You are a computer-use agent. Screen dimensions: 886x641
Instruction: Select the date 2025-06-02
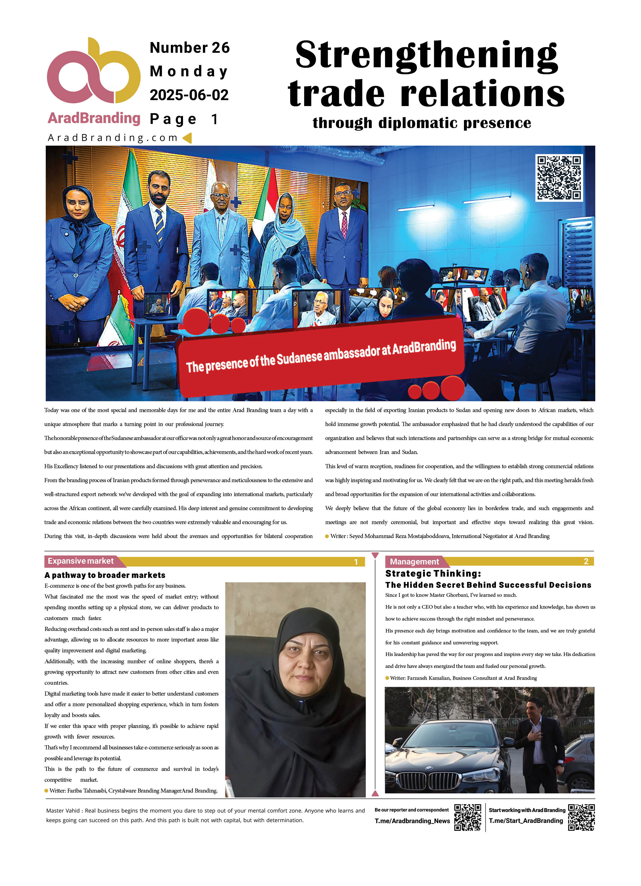(189, 95)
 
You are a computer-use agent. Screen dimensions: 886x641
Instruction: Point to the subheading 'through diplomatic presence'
(422, 123)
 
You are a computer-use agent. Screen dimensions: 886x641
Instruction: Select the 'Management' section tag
(414, 561)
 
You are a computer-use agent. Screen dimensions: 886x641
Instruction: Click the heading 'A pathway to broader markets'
(105, 575)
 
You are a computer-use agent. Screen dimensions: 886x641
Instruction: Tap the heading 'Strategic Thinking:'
(433, 574)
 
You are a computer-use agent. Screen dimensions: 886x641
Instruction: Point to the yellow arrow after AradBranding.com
(187, 138)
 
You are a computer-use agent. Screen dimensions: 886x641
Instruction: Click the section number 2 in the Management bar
(586, 561)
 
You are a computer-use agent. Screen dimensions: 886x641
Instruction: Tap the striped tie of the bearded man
(160, 225)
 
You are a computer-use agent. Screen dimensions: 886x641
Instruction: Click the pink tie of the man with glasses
(344, 224)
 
